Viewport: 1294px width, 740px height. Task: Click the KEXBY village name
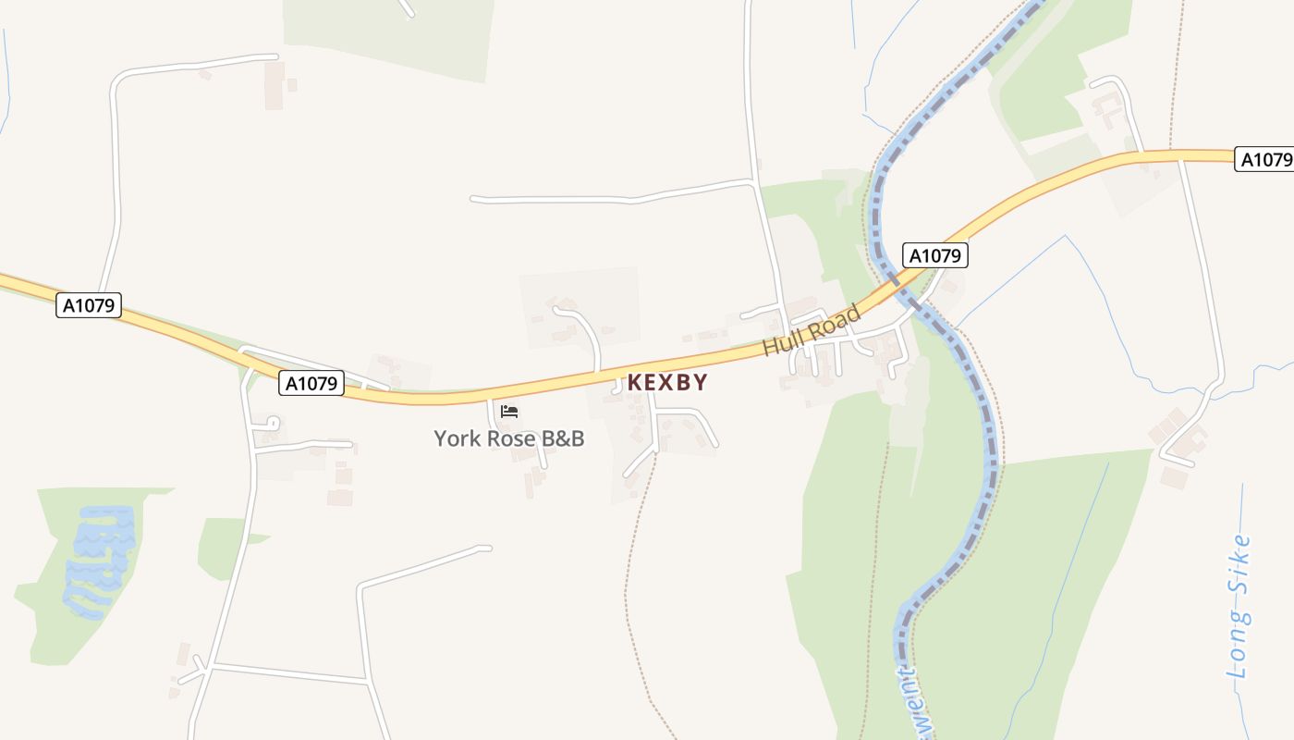(667, 382)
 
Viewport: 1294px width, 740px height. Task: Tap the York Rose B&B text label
(509, 438)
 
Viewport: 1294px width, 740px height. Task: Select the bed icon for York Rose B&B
(509, 412)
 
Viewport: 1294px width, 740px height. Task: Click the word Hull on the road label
(782, 342)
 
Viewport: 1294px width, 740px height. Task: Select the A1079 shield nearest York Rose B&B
(311, 383)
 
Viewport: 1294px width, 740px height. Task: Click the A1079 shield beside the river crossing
(934, 255)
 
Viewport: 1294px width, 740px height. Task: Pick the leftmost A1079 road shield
(89, 305)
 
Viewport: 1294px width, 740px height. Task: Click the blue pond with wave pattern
(100, 560)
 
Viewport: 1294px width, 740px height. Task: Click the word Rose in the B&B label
(512, 438)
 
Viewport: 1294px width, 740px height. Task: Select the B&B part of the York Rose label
(563, 438)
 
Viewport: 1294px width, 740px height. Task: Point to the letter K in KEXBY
(634, 382)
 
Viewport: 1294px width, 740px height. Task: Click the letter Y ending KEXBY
(701, 382)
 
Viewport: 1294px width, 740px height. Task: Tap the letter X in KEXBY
(667, 382)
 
